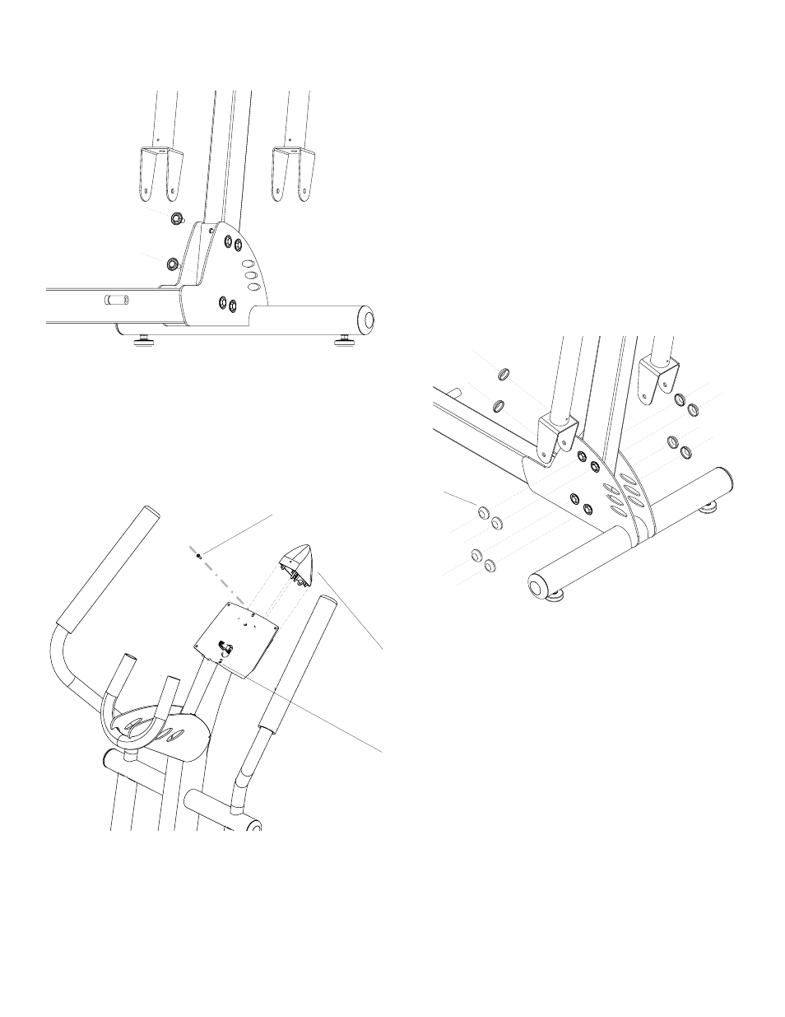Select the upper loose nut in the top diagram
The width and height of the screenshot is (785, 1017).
pyautogui.click(x=176, y=218)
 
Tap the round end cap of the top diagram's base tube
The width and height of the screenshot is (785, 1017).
pyautogui.click(x=364, y=318)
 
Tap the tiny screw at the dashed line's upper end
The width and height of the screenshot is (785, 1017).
pyautogui.click(x=199, y=556)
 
